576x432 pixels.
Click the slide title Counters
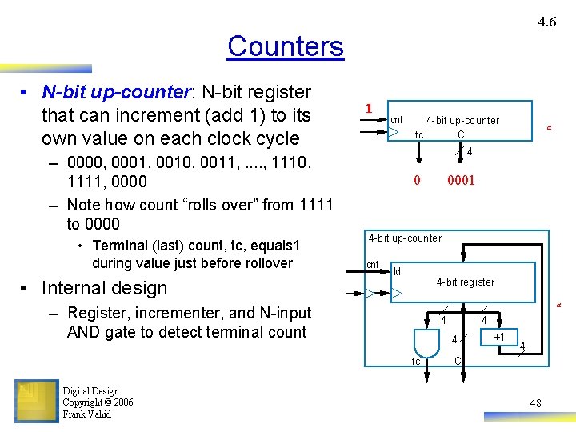(285, 46)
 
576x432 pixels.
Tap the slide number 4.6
(547, 22)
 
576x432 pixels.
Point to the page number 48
(534, 404)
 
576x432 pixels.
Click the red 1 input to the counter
(367, 109)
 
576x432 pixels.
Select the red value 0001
(461, 181)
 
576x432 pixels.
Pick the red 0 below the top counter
(417, 181)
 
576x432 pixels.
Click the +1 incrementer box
(499, 337)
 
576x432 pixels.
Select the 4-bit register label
(465, 282)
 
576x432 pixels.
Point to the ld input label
(398, 270)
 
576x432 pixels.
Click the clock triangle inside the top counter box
(394, 133)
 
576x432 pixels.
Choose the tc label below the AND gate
(416, 362)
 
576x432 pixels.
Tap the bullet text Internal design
(104, 288)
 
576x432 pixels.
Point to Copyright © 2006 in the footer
(98, 402)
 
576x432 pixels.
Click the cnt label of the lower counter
(373, 265)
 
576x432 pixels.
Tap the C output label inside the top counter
(461, 135)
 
